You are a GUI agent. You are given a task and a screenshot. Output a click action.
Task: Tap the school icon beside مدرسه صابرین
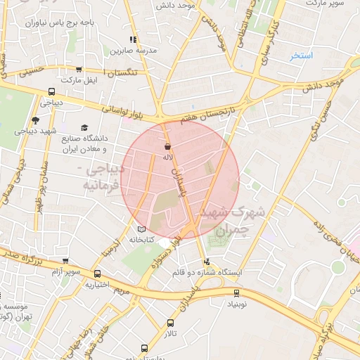point(131,40)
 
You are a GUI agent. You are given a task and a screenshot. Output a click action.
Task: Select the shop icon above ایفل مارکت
point(78,70)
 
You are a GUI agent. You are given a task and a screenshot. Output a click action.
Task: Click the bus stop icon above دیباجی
point(51,91)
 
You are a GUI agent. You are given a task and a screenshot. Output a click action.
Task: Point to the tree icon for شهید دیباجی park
point(35,121)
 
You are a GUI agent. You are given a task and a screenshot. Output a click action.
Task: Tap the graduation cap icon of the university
point(84,128)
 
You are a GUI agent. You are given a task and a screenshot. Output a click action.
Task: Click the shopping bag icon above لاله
point(167,147)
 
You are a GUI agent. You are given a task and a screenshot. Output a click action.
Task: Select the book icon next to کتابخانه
point(141,229)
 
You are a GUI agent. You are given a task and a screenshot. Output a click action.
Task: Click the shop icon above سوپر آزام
point(65,261)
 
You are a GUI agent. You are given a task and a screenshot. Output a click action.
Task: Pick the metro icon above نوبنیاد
point(236,294)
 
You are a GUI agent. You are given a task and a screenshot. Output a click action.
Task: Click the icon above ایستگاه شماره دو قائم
point(205,262)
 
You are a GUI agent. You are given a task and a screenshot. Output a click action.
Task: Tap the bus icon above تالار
point(170,323)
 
